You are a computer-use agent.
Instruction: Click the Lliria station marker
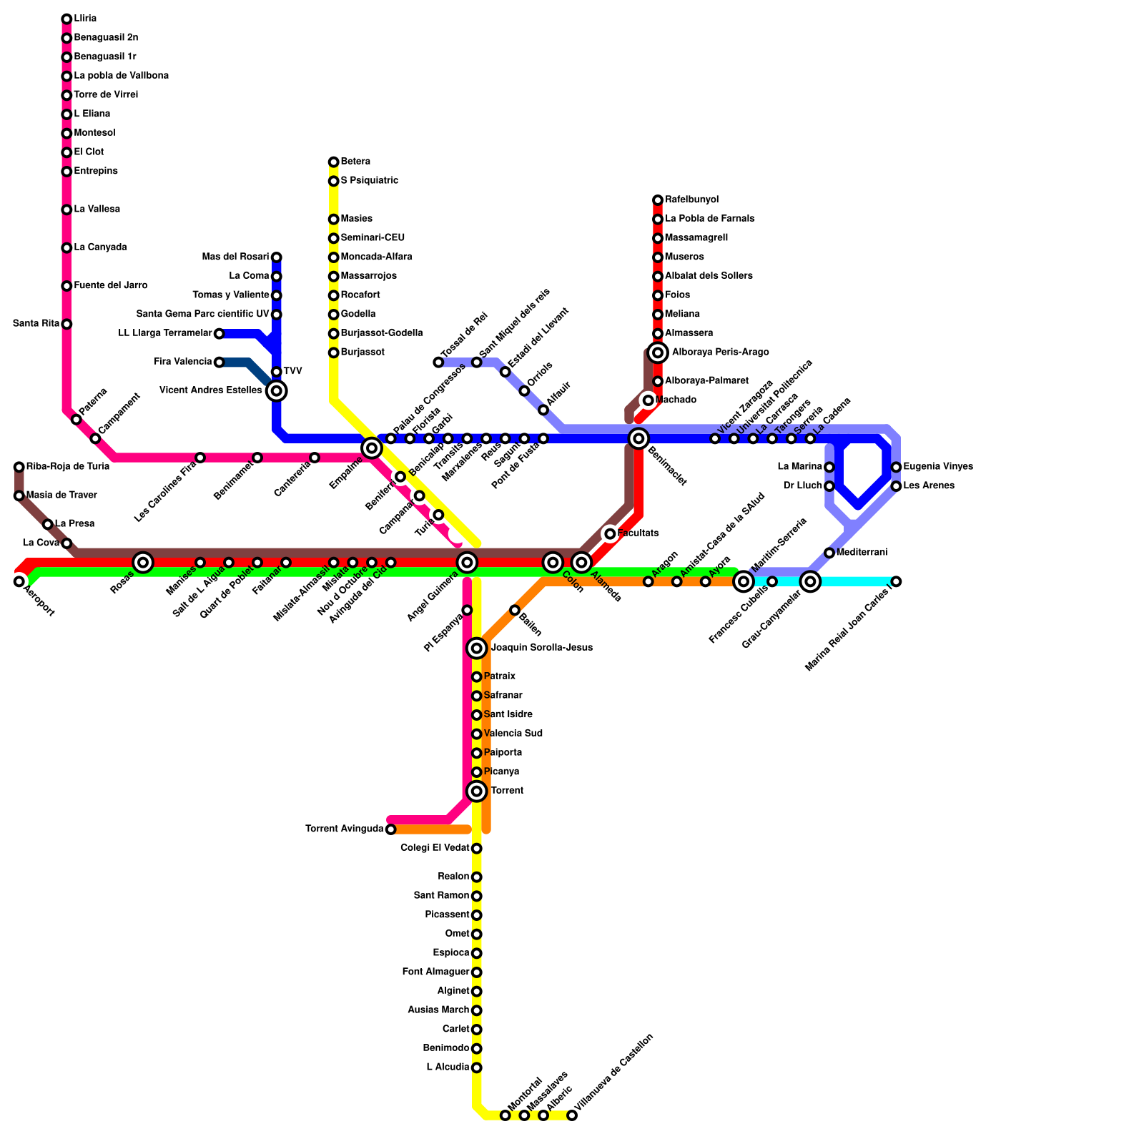tap(66, 19)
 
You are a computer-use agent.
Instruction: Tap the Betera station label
tap(355, 162)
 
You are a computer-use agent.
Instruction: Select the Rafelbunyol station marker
tap(658, 200)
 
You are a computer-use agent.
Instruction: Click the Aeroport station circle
tap(19, 581)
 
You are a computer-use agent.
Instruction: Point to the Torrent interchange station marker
tap(477, 791)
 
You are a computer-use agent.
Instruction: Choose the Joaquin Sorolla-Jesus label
tap(541, 648)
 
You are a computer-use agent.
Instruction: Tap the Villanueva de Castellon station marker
tap(572, 1115)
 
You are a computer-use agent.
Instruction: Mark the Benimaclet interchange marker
tap(639, 438)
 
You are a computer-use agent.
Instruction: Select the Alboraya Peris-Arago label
tap(720, 352)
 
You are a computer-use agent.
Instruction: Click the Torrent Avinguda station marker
tap(390, 829)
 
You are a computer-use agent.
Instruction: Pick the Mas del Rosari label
tap(235, 257)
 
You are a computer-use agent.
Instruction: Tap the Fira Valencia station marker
tap(220, 363)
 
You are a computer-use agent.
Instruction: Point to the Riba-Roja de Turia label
tap(68, 467)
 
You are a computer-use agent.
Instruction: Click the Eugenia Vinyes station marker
tap(897, 467)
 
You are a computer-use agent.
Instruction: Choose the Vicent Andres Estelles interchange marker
tap(277, 390)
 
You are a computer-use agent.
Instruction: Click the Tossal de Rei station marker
tap(438, 363)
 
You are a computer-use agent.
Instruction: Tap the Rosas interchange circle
tap(143, 563)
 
